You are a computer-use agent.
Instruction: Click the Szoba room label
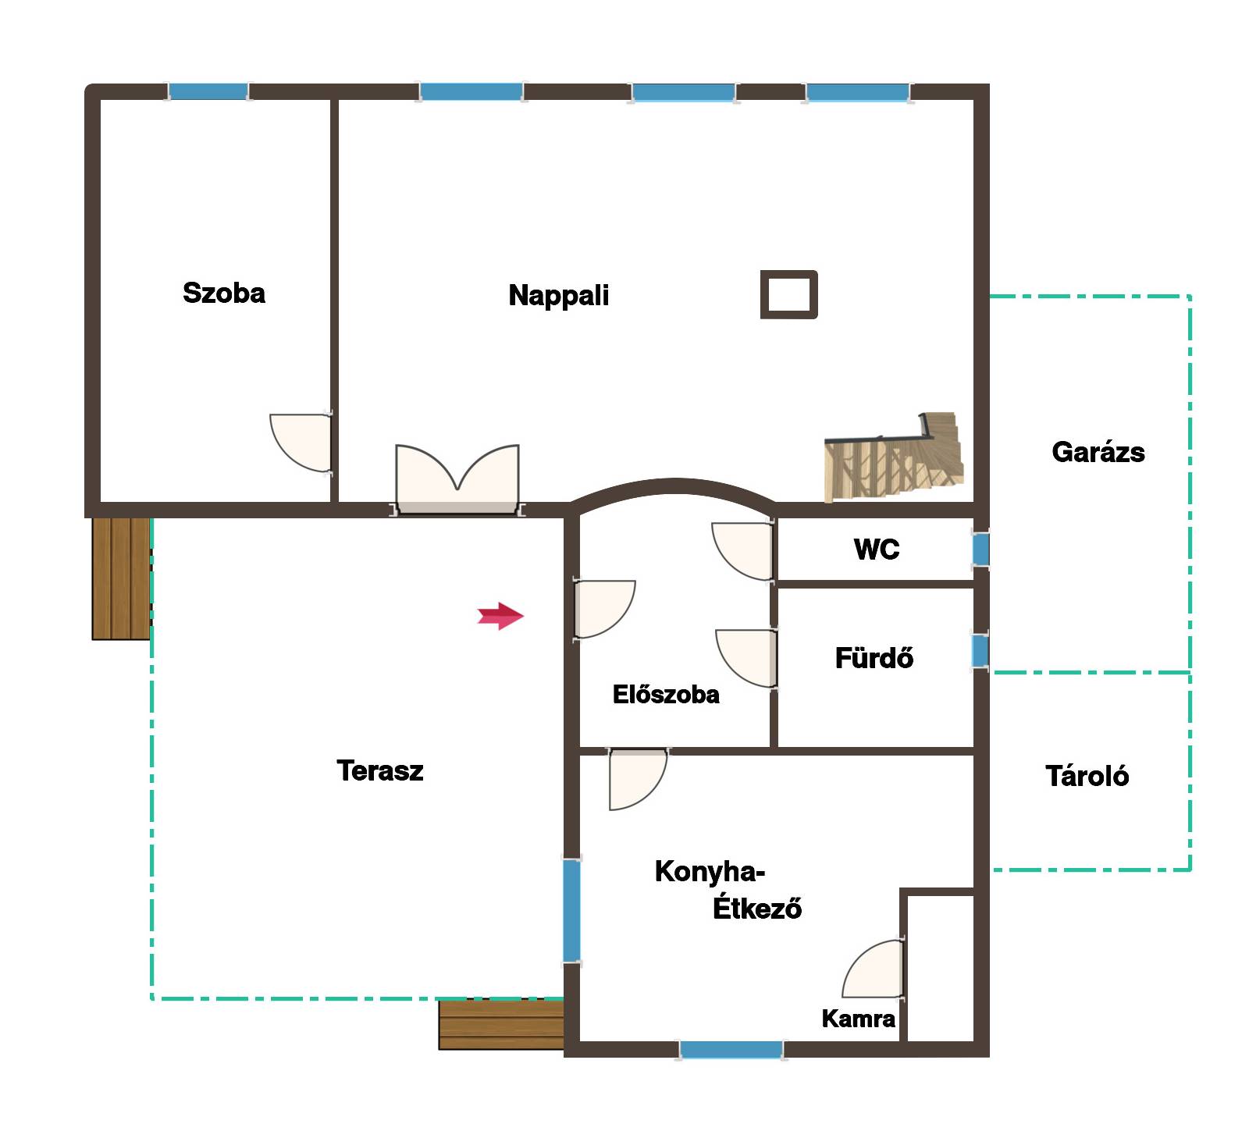224,293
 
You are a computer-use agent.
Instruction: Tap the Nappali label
559,296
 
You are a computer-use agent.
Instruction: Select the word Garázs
1098,452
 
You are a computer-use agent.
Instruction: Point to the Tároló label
1087,776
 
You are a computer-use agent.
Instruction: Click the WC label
877,550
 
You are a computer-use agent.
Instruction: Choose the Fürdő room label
874,658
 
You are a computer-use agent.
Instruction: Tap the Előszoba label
666,695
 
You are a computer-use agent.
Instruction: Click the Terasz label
380,770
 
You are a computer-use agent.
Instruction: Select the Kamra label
858,1019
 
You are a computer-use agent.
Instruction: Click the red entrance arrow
500,616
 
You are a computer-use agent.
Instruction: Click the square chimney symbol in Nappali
789,294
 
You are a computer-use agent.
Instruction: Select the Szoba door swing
301,443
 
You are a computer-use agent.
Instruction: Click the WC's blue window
980,550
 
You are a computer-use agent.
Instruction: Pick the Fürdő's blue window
980,651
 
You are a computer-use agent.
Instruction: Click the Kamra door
874,969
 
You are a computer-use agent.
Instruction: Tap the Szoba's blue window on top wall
208,91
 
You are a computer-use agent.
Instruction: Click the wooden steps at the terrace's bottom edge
501,1025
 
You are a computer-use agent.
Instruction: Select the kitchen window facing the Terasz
572,910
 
